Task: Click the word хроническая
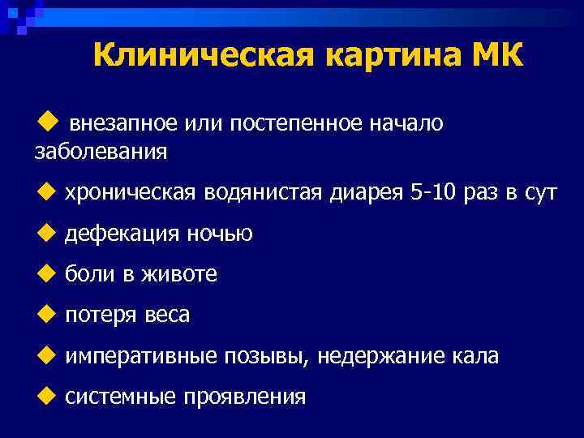pos(131,193)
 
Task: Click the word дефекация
pos(122,234)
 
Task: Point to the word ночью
pos(220,234)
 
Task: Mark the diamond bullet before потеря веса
pos(45,314)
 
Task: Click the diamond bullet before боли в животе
pos(45,273)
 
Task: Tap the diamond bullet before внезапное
pos(45,122)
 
